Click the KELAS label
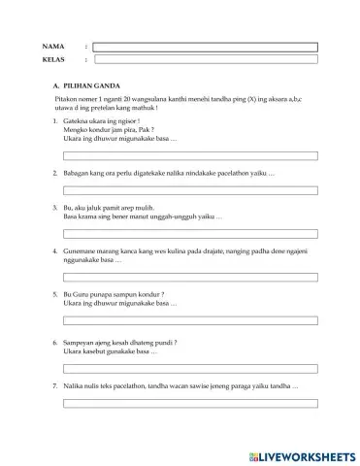[53, 59]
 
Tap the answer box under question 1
[189, 155]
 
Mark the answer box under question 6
[189, 369]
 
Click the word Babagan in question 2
[77, 172]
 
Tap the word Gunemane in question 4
[80, 250]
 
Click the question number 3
[54, 208]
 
